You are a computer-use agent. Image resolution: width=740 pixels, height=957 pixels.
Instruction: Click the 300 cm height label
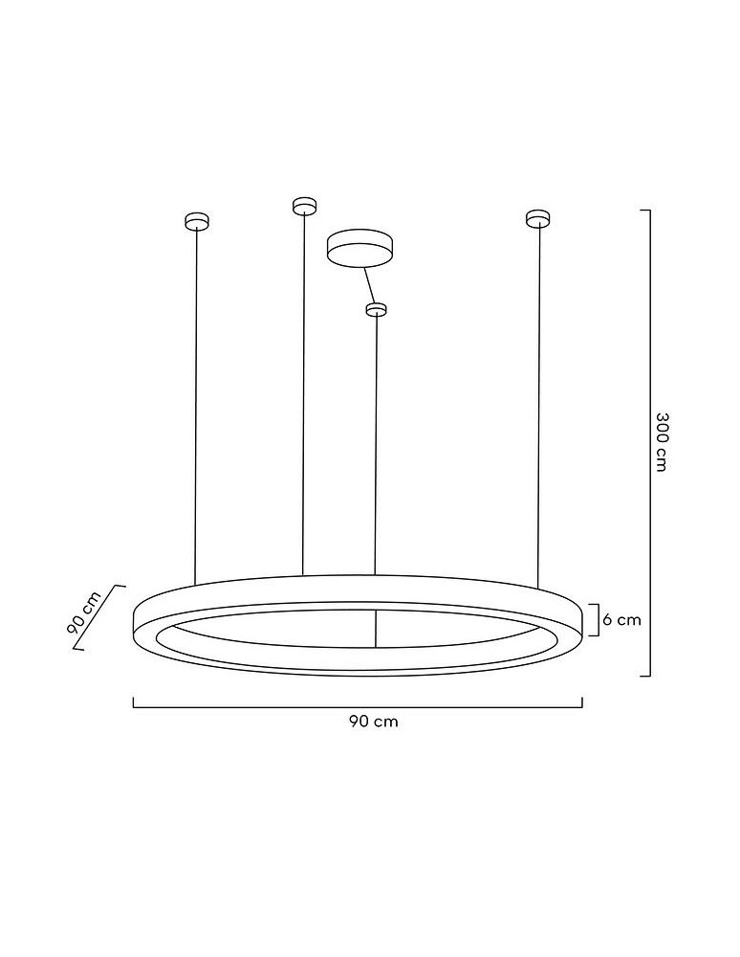click(661, 441)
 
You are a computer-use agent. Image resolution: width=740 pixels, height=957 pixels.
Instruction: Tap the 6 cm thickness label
click(621, 620)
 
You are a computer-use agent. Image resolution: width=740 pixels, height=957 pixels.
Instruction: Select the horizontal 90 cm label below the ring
click(373, 722)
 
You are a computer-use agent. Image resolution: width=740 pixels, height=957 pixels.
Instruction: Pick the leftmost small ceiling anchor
click(196, 221)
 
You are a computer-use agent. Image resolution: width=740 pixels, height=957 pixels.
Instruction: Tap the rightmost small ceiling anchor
click(538, 219)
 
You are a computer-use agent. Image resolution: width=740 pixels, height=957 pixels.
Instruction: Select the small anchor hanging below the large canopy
click(377, 309)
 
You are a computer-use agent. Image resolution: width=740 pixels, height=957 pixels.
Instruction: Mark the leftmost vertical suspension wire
click(196, 402)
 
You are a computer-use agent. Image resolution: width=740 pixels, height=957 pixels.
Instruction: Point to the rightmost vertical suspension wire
click(538, 402)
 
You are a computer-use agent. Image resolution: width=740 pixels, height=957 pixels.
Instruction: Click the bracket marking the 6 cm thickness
click(597, 620)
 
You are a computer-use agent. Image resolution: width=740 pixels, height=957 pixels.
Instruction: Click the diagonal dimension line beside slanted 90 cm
click(100, 617)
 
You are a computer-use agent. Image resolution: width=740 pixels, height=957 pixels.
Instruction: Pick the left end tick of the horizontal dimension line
click(134, 702)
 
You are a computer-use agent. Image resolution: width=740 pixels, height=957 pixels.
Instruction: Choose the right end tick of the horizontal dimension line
click(581, 702)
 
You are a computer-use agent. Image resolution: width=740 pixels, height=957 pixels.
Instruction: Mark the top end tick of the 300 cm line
click(645, 210)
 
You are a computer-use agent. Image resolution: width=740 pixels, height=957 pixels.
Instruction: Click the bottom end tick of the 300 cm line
click(645, 676)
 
